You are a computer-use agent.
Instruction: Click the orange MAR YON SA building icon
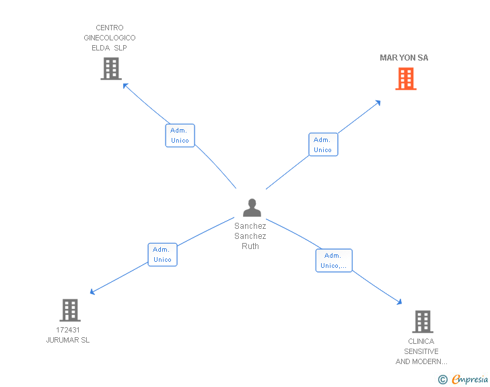pos(405,79)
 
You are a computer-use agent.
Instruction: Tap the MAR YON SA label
pos(404,58)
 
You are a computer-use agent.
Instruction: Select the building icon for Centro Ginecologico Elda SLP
pos(110,68)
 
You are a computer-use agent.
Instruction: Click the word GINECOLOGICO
pos(110,38)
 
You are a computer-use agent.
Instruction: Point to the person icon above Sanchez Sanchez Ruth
pos(252,207)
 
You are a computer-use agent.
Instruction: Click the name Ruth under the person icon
pos(250,246)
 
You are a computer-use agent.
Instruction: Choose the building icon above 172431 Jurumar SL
pos(70,310)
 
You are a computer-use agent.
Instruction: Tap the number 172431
pos(68,330)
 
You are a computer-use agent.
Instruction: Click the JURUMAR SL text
pos(68,341)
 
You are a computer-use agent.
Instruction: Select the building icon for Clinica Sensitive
pos(422,322)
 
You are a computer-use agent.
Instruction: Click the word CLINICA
pos(421,341)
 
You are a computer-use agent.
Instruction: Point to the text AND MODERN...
pos(421,362)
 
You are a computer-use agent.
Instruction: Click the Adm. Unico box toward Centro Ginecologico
pos(180,135)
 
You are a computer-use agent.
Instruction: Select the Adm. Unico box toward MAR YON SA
pos(323,145)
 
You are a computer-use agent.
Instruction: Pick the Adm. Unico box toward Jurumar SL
pos(162,254)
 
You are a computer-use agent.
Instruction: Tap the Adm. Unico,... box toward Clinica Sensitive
pos(334,260)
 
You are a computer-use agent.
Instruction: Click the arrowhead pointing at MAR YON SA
pos(378,102)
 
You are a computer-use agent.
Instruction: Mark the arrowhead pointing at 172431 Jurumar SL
pos(93,292)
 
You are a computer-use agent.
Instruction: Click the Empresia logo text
pos(470,379)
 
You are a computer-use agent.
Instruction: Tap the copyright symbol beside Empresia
pos(442,380)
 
